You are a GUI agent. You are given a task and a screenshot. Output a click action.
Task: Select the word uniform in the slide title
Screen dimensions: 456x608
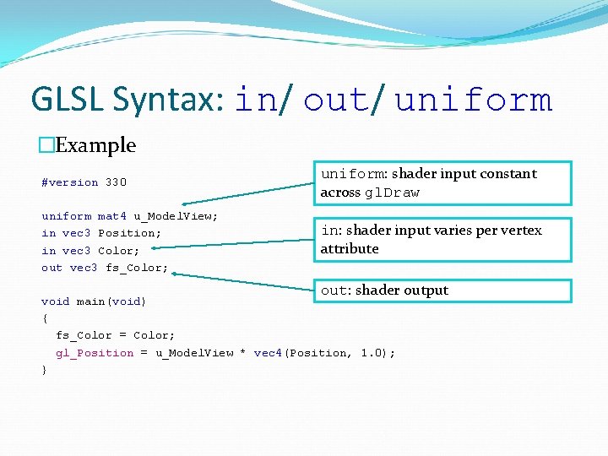pyautogui.click(x=473, y=100)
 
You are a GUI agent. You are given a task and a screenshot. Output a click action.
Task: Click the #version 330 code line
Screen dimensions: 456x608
pyautogui.click(x=84, y=182)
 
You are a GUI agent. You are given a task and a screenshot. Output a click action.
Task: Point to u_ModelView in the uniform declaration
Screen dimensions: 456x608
pyautogui.click(x=176, y=216)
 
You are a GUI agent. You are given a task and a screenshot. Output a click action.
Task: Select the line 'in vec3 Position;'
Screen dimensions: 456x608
pyautogui.click(x=101, y=233)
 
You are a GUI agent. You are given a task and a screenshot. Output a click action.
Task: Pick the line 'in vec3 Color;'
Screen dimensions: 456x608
pyautogui.click(x=90, y=251)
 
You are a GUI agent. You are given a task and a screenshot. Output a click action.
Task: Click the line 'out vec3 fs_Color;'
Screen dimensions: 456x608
pyautogui.click(x=105, y=268)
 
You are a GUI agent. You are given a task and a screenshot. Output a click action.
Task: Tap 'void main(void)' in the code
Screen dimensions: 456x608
pyautogui.click(x=94, y=301)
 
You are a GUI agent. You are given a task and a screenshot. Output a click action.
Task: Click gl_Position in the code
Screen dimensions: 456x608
pyautogui.click(x=95, y=353)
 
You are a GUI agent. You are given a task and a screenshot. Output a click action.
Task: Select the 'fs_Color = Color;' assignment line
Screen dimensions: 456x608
pyautogui.click(x=116, y=335)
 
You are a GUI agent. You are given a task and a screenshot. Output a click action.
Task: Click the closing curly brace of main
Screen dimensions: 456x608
pyautogui.click(x=45, y=370)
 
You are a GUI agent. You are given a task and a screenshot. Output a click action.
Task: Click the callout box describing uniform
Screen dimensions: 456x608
pyautogui.click(x=444, y=183)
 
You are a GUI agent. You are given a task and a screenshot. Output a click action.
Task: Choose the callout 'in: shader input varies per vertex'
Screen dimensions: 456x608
pyautogui.click(x=444, y=239)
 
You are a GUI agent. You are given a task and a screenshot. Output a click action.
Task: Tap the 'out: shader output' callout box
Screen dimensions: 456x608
pyautogui.click(x=444, y=290)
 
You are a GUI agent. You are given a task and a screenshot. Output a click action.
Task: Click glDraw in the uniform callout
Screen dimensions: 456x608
pyautogui.click(x=392, y=193)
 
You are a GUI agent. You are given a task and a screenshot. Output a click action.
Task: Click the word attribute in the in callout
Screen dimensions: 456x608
pyautogui.click(x=350, y=249)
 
